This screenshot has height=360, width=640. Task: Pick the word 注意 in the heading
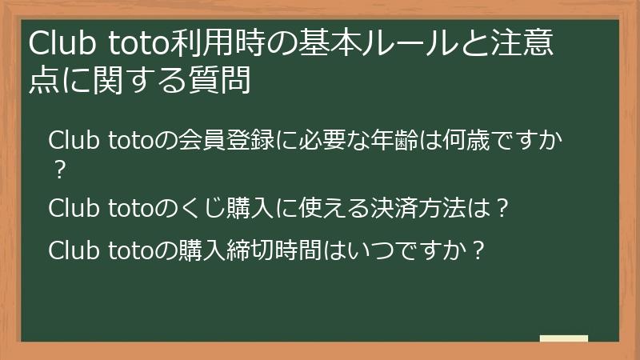(x=520, y=44)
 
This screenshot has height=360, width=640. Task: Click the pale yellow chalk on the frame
(x=563, y=338)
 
